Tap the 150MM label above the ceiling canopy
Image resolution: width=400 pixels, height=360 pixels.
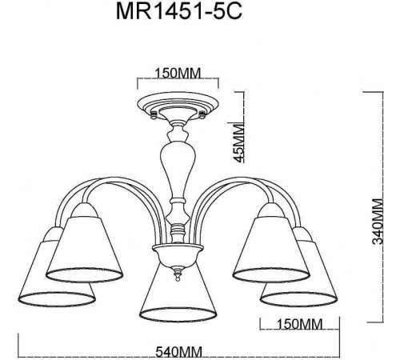(177, 74)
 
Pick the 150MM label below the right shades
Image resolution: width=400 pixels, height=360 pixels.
(290, 324)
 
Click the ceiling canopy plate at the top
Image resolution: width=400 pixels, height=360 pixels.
(177, 105)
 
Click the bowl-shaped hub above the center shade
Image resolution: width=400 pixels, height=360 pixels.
(177, 258)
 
